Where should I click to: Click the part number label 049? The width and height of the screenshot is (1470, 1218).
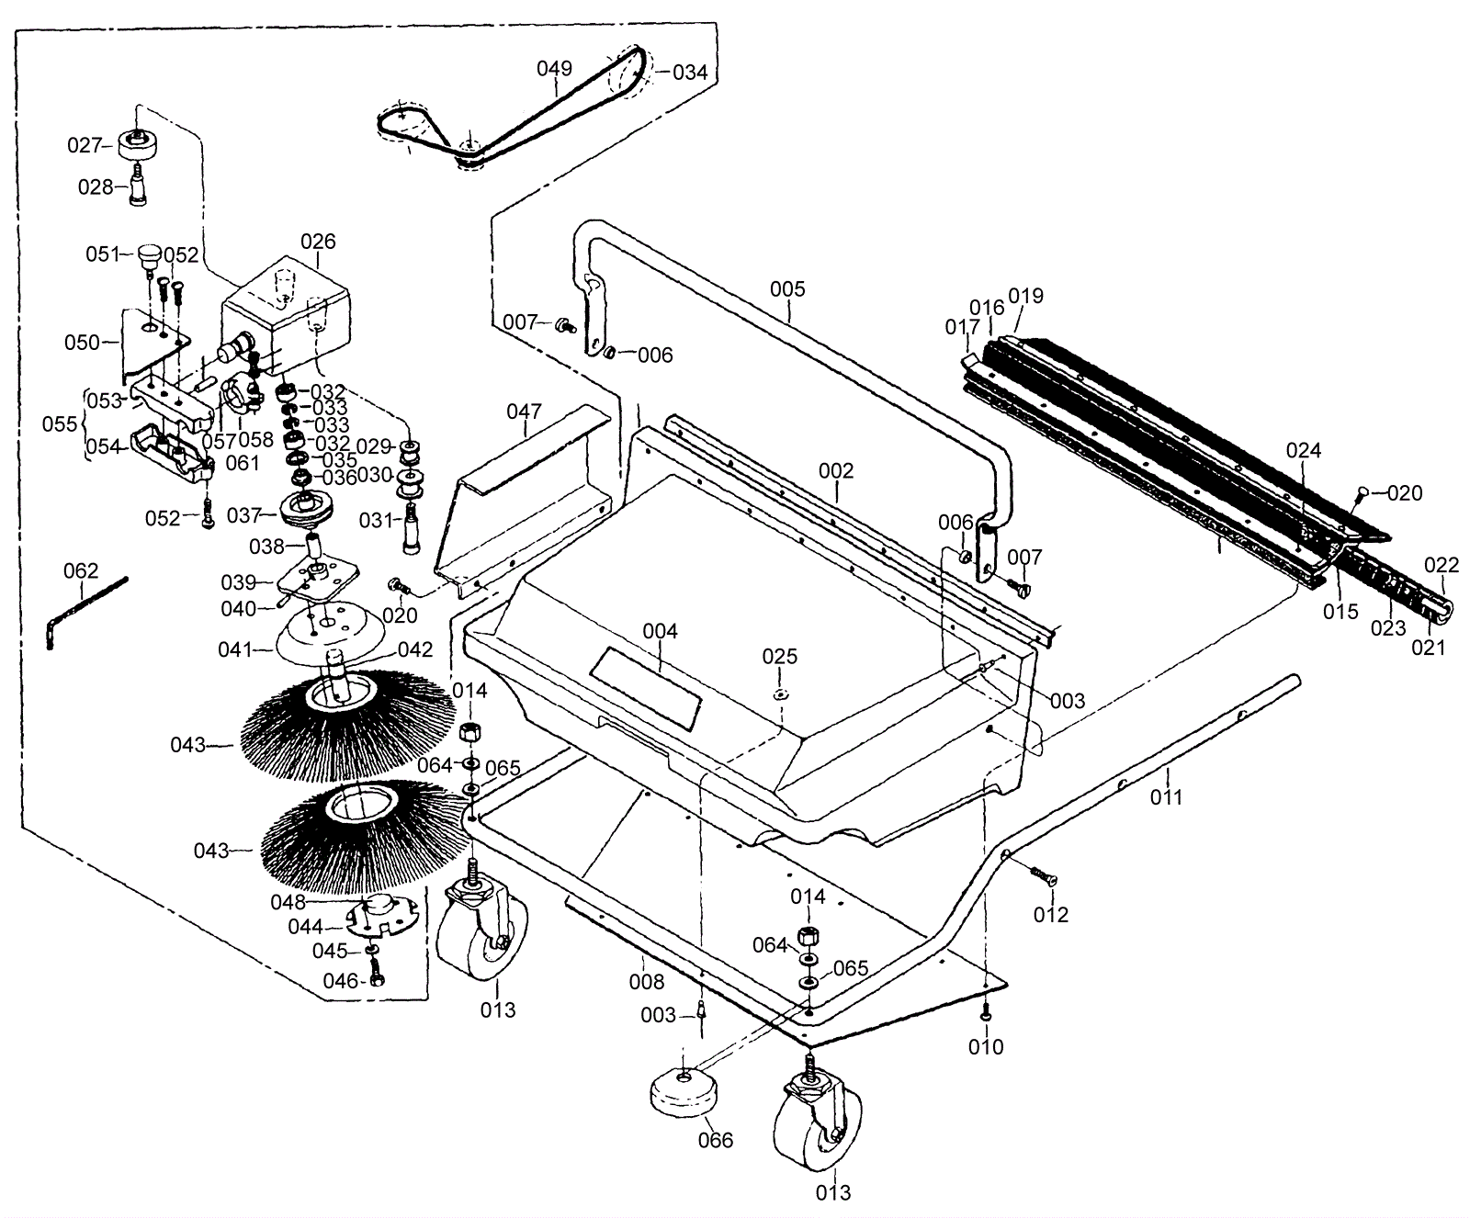click(555, 68)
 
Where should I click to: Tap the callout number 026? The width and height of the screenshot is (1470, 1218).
click(319, 241)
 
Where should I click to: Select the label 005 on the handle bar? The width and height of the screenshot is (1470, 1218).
click(787, 289)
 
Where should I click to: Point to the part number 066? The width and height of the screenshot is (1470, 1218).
click(716, 1140)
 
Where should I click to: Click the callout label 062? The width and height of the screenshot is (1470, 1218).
click(81, 571)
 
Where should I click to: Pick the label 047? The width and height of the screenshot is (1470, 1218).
click(525, 412)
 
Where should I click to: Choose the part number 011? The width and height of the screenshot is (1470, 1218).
click(1167, 797)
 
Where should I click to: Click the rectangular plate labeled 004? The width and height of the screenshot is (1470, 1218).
click(646, 685)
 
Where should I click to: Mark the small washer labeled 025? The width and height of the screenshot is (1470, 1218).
click(780, 693)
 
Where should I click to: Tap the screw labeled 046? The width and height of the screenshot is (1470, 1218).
click(375, 974)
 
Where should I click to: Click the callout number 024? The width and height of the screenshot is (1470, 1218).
click(1303, 450)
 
